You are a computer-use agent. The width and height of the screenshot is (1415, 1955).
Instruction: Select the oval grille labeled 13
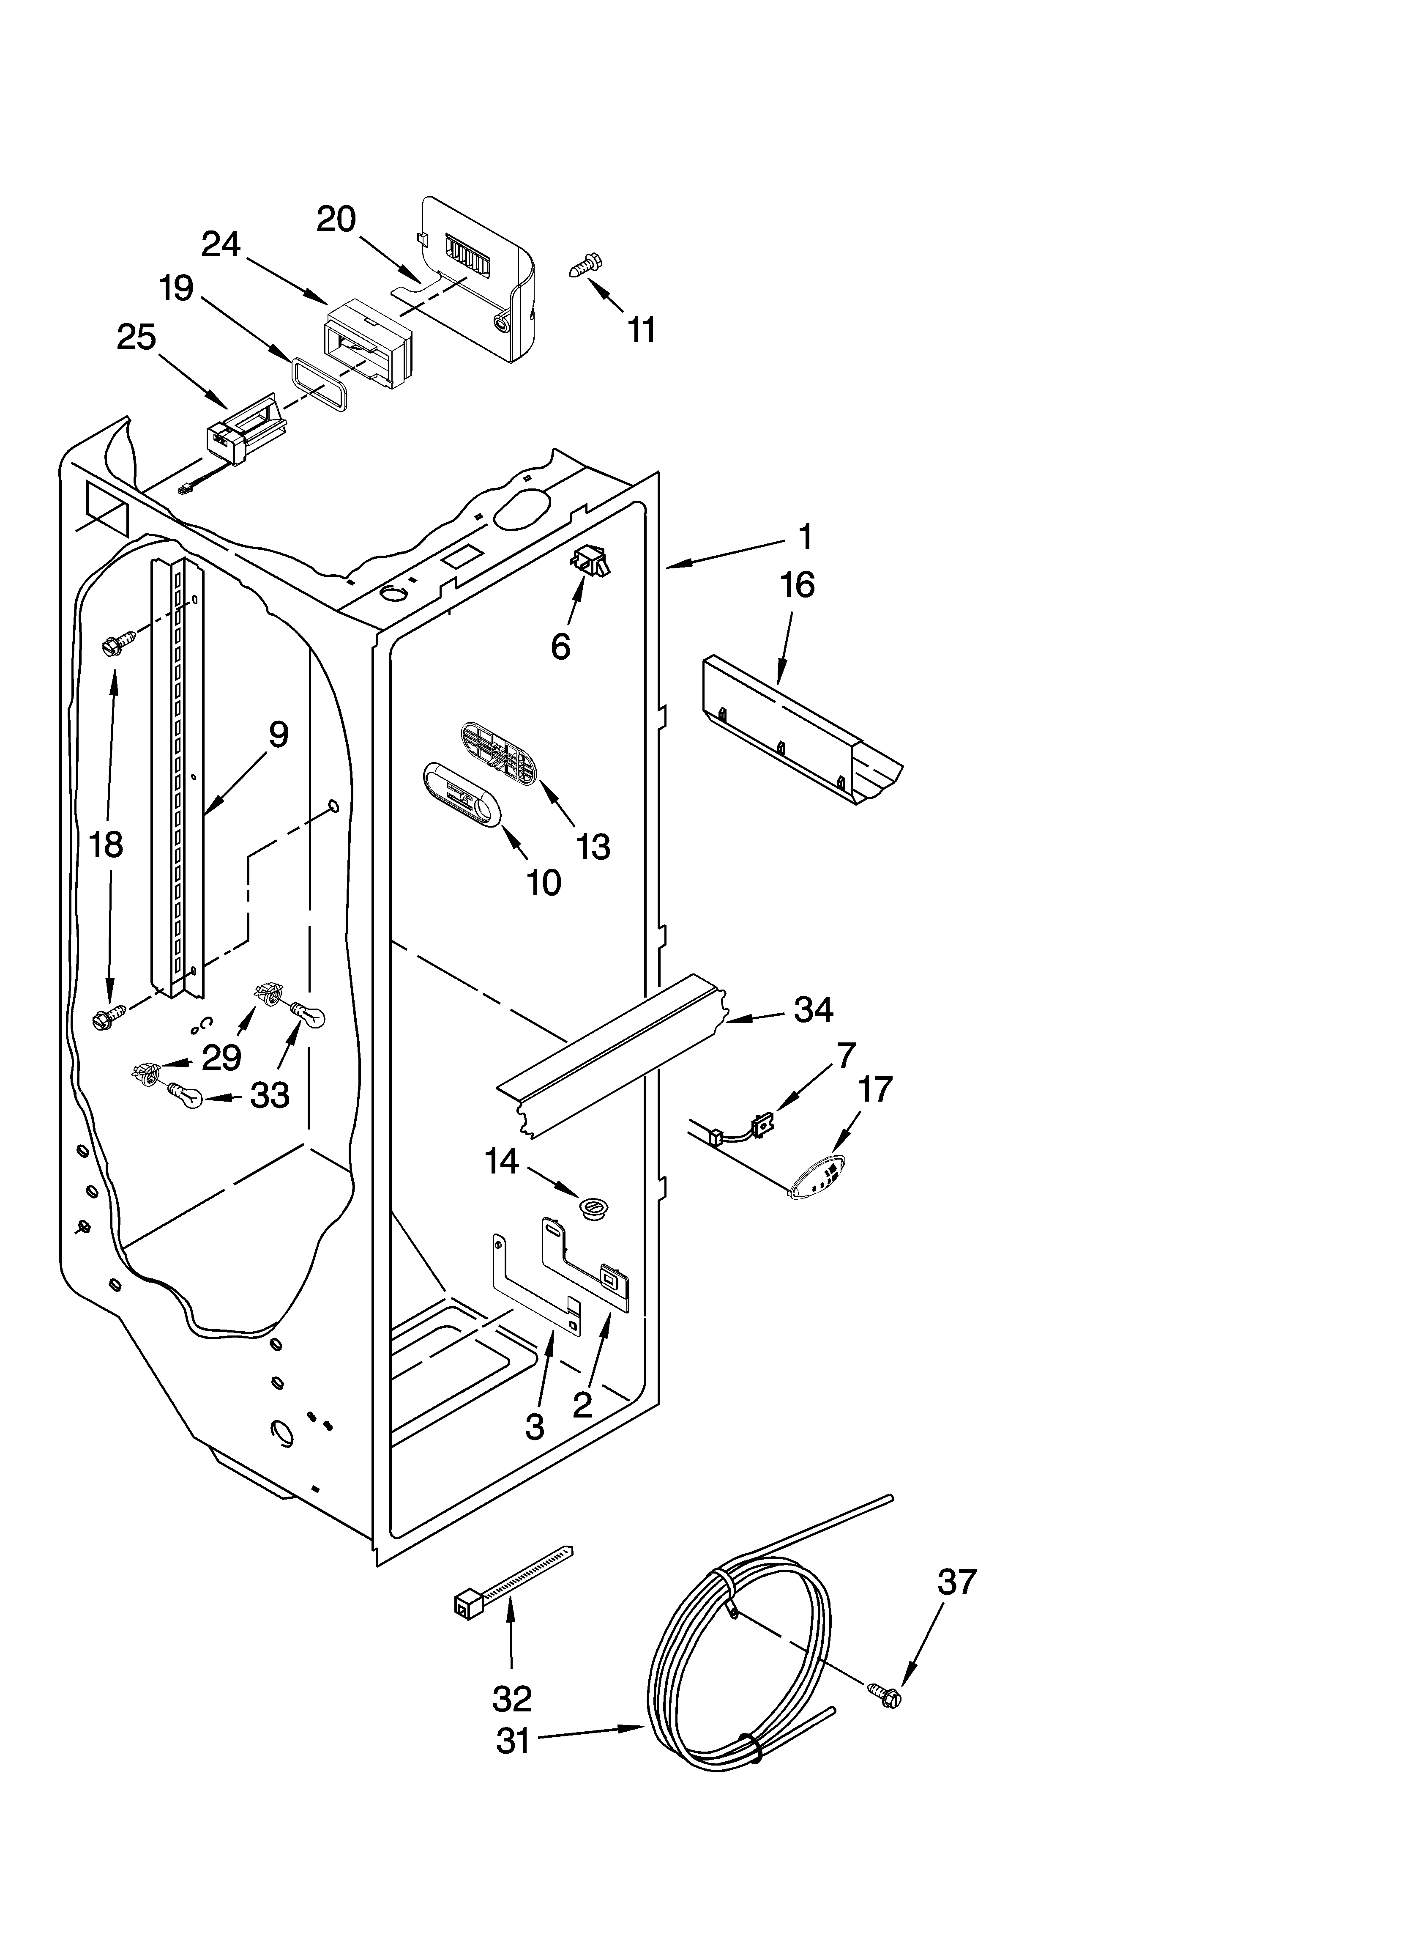coord(498,752)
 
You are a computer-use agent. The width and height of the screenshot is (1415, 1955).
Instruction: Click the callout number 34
coord(813,1009)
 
